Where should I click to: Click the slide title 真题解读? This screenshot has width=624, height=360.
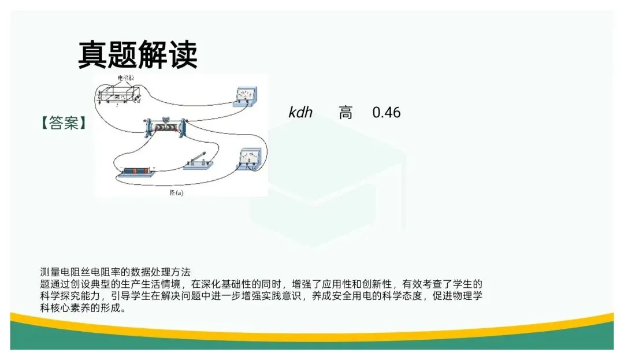coord(138,55)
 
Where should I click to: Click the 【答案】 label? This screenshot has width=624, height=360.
coord(64,123)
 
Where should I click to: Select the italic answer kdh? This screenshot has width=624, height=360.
coord(300,112)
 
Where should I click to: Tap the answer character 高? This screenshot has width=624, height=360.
coord(346,113)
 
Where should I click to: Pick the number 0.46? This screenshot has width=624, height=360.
coord(386,112)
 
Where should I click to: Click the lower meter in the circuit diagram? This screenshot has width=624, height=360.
coord(250,157)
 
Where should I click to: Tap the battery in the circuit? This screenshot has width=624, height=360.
coord(137,172)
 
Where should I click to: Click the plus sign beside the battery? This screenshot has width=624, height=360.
coord(154,166)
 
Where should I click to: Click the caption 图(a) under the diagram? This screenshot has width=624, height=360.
coord(176,193)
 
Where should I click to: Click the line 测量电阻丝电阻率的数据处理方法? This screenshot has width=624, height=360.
coord(115,272)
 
